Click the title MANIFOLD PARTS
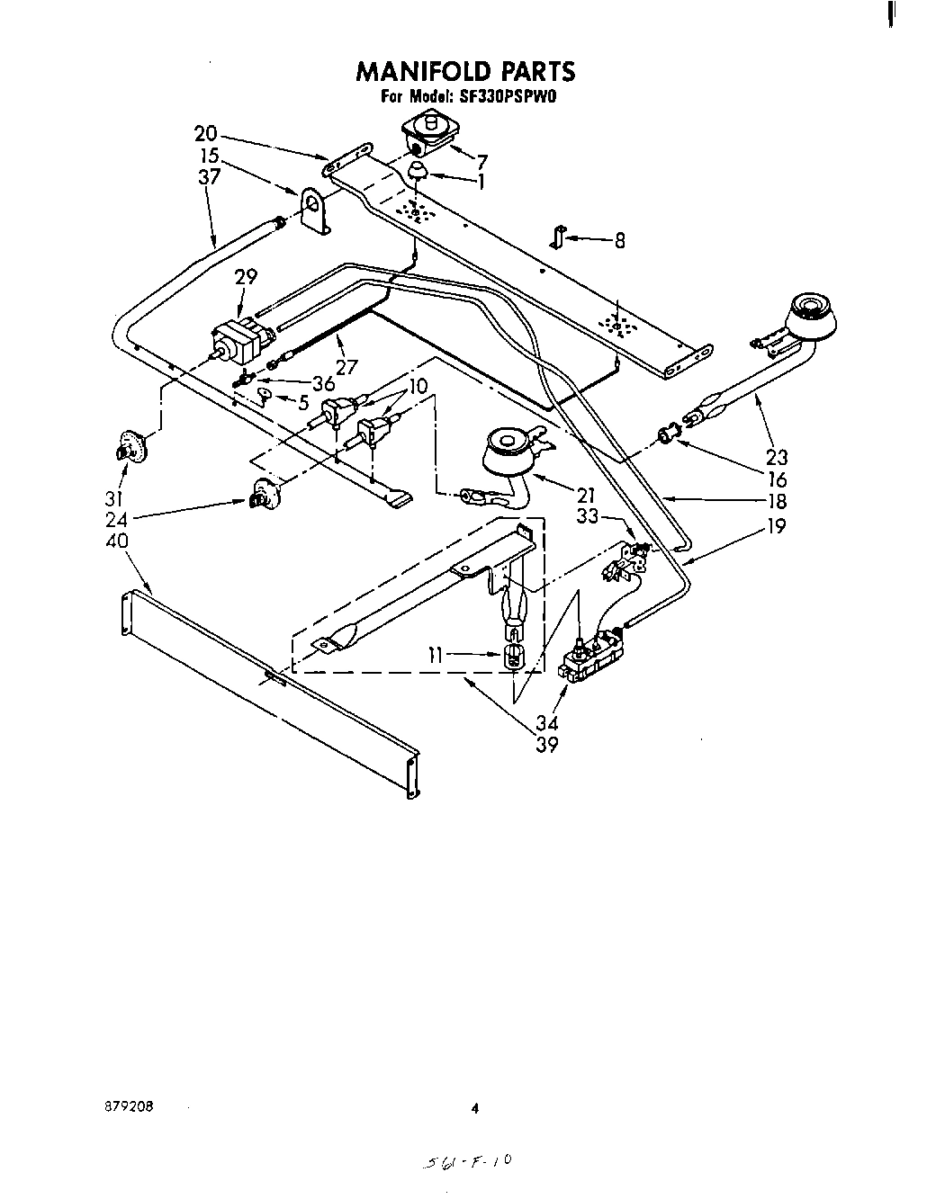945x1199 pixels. (465, 71)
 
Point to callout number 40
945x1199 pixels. (117, 541)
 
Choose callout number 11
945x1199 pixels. (436, 656)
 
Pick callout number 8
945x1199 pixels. (619, 240)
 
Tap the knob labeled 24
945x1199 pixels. (260, 494)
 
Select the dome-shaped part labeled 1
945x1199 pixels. (419, 172)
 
